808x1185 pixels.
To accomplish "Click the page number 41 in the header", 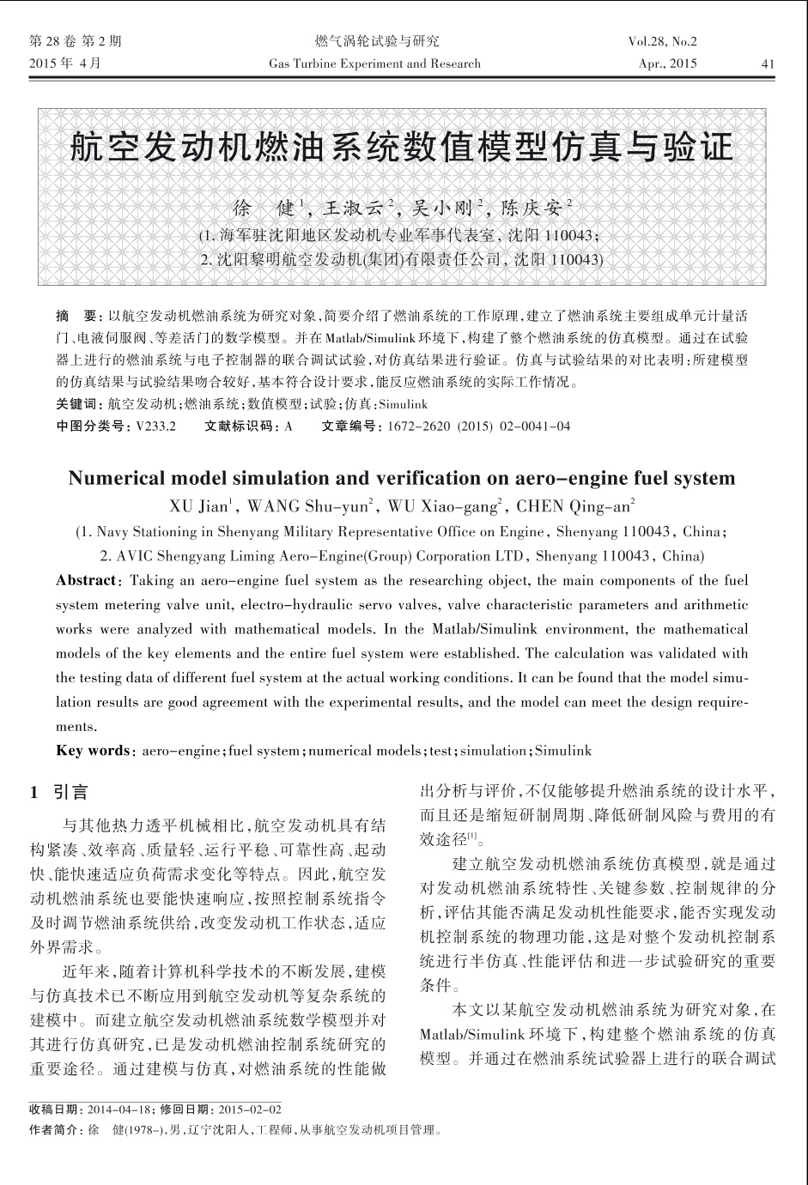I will point(768,63).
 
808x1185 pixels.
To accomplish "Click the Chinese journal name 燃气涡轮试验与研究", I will point(377,41).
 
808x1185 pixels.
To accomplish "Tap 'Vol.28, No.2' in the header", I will point(662,41).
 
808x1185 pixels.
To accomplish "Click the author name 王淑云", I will point(355,208).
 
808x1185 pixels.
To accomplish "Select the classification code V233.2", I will point(155,426).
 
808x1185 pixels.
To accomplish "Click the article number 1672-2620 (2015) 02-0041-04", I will point(478,426).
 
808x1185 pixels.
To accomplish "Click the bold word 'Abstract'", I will point(86,580).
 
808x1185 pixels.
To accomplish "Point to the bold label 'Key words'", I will point(93,751).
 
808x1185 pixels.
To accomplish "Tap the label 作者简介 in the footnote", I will point(54,1130).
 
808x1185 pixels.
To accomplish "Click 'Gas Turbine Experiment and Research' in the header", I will point(374,63).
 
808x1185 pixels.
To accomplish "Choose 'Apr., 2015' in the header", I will point(668,63).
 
